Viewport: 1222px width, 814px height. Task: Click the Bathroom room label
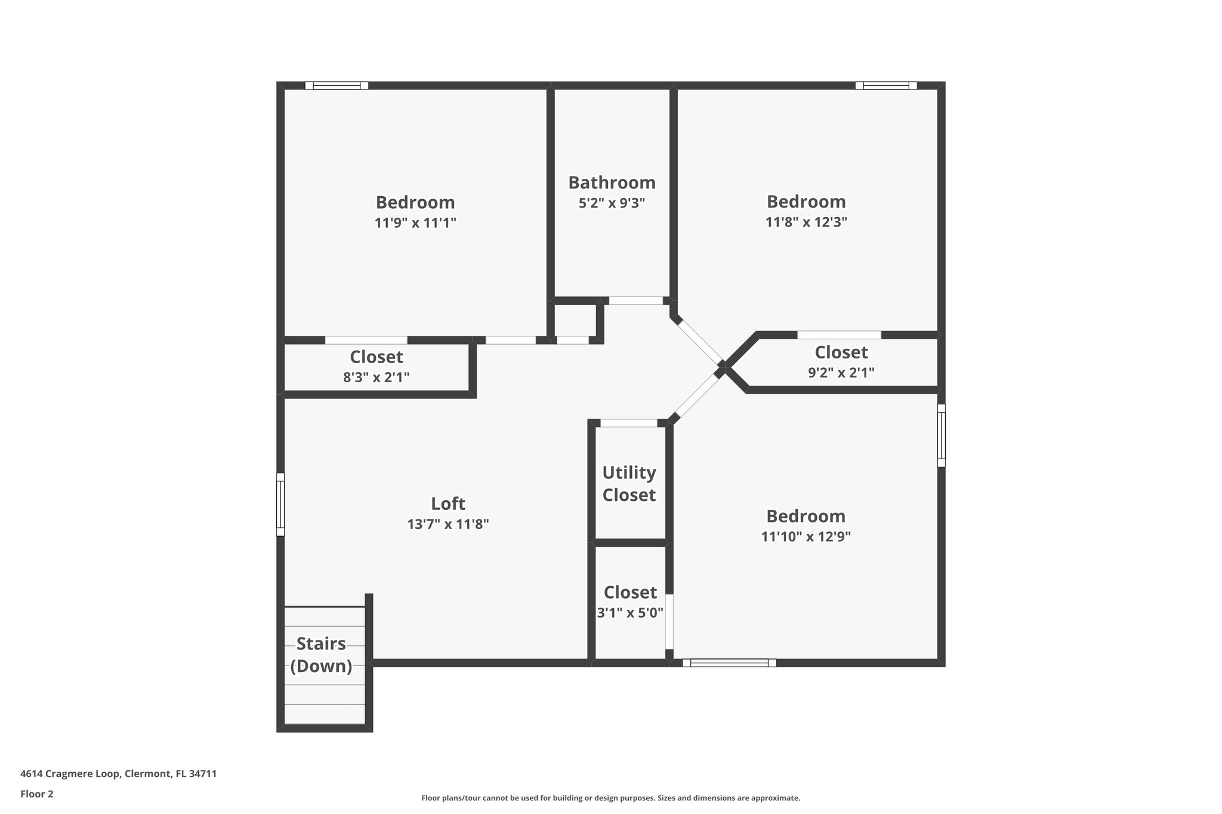pos(612,182)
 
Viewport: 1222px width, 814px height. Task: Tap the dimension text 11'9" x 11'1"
pos(415,223)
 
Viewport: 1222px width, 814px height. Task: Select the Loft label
pos(448,504)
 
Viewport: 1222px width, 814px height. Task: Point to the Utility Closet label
pos(629,484)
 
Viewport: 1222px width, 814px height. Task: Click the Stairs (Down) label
pos(321,655)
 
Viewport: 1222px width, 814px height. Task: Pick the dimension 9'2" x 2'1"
pos(841,373)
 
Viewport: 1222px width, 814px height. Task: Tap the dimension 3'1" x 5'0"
pos(630,612)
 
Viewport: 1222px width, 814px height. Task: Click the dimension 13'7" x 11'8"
pos(448,524)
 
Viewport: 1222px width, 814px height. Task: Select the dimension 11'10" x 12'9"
pos(806,536)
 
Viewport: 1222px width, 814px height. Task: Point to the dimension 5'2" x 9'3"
pos(612,203)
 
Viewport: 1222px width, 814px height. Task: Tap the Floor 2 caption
pos(37,794)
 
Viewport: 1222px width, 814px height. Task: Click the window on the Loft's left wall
pos(280,505)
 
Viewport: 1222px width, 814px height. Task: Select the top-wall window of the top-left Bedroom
pos(337,86)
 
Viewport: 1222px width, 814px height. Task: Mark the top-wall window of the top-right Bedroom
pos(886,86)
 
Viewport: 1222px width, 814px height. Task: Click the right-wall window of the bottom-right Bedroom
pos(941,435)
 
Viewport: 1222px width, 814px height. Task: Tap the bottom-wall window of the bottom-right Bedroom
pos(729,663)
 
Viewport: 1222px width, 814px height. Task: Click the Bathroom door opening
pos(635,301)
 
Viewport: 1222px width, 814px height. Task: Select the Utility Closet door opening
pos(628,423)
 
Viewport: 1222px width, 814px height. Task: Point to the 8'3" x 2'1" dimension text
pos(377,377)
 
